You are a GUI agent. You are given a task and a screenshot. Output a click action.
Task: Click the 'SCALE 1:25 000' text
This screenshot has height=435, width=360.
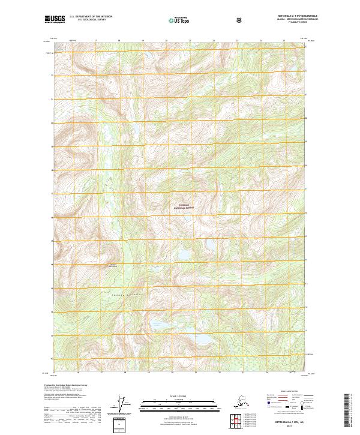(x=181, y=397)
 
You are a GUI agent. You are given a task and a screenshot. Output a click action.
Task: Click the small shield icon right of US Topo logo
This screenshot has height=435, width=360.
(x=206, y=20)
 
